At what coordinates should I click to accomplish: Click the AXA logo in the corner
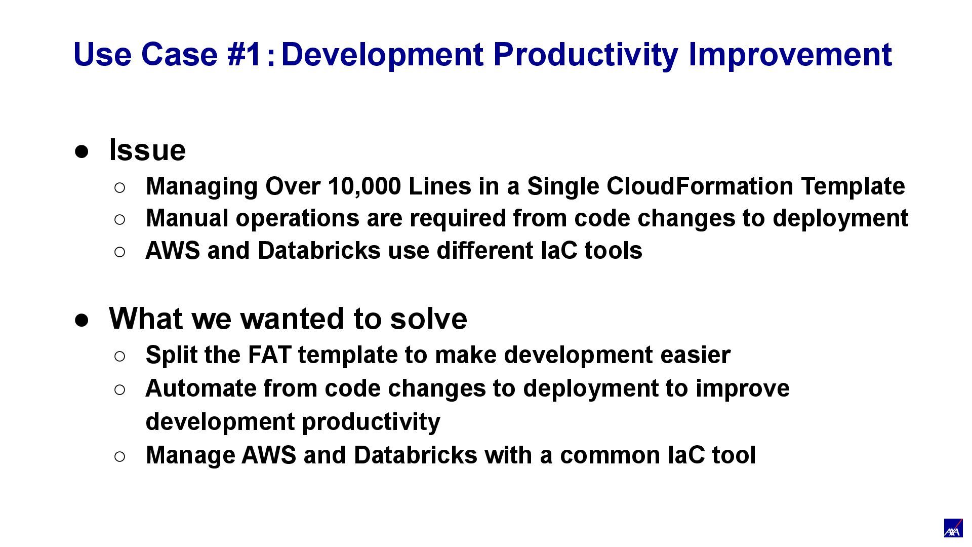pos(953,528)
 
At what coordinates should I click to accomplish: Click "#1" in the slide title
pos(244,54)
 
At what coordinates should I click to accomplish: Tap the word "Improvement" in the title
pos(790,55)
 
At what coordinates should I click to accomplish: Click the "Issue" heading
pos(147,150)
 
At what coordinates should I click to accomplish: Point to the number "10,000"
pos(364,187)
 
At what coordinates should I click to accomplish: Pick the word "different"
pos(485,251)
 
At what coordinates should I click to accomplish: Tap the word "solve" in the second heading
pos(428,319)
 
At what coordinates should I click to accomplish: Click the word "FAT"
pos(269,355)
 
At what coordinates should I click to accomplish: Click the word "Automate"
pos(201,388)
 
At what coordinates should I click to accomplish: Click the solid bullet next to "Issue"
pos(82,151)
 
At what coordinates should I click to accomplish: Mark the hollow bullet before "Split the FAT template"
pos(120,356)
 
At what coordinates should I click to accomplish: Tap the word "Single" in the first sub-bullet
pos(563,187)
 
